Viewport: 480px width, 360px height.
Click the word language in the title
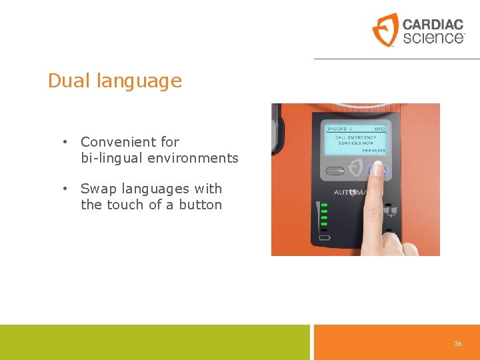pyautogui.click(x=139, y=82)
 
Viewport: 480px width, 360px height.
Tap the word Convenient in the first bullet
pyautogui.click(x=120, y=142)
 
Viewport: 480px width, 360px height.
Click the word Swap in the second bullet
pyautogui.click(x=99, y=189)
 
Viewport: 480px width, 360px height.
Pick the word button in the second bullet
pyautogui.click(x=200, y=205)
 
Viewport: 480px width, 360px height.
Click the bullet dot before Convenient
pyautogui.click(x=65, y=142)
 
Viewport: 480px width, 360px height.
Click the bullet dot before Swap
pyautogui.click(x=65, y=189)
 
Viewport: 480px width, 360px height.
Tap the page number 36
pyautogui.click(x=458, y=343)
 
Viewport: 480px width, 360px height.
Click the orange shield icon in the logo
pyautogui.click(x=385, y=30)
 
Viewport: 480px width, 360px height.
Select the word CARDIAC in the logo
pyautogui.click(x=433, y=24)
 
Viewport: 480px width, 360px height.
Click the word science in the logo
pyautogui.click(x=433, y=37)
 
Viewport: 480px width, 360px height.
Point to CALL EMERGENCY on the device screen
pyautogui.click(x=356, y=137)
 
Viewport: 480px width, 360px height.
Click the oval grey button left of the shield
pyautogui.click(x=335, y=171)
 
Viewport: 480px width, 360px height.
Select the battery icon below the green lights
pyautogui.click(x=325, y=237)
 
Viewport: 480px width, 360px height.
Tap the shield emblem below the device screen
pyautogui.click(x=357, y=168)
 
